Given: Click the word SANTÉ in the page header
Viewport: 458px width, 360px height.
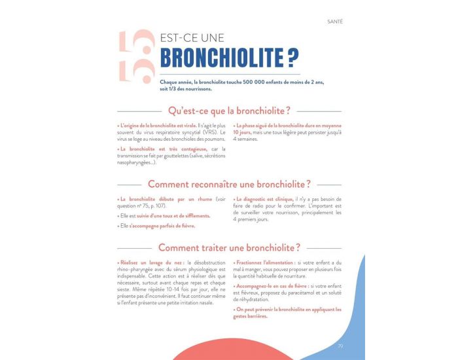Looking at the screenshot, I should [334, 22].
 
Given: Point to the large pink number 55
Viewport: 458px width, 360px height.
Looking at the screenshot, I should [135, 59].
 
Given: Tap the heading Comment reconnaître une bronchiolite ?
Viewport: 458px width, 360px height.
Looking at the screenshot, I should [229, 184].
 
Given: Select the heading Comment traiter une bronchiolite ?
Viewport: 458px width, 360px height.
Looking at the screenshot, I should [229, 247].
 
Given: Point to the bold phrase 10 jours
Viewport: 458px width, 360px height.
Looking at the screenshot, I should [244, 132].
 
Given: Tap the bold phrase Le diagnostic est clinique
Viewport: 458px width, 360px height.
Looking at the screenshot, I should [264, 199].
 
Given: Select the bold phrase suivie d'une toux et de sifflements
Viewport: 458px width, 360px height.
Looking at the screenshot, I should [169, 216].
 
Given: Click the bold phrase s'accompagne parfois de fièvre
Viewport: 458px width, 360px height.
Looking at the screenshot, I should [162, 226].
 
